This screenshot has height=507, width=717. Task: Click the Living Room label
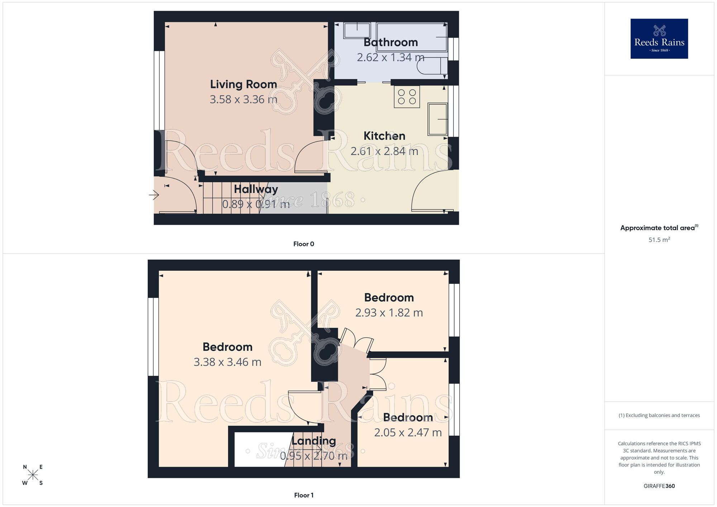point(243,84)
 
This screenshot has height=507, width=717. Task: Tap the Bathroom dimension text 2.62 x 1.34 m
point(390,57)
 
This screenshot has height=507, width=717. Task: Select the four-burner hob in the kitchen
point(407,96)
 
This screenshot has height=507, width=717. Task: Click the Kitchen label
point(384,136)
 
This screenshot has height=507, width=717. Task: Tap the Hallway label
point(256,189)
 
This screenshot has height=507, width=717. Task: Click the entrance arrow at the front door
point(154,195)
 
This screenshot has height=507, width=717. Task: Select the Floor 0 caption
point(304,244)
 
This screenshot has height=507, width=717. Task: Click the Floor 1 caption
point(304,495)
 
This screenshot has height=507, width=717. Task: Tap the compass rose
point(33,475)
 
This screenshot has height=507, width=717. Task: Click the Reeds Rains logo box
point(659,39)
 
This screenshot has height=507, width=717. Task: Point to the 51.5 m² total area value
point(659,240)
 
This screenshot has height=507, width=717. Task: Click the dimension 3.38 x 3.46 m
point(227,362)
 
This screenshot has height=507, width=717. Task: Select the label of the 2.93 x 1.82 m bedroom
point(389,298)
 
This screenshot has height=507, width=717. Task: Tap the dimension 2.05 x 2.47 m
point(408,433)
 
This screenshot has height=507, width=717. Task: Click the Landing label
point(313,441)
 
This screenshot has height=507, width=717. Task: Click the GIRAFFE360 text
point(659,486)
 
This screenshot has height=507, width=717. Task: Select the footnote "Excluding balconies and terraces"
point(659,416)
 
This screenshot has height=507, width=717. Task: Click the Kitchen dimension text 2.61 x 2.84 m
point(384,151)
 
